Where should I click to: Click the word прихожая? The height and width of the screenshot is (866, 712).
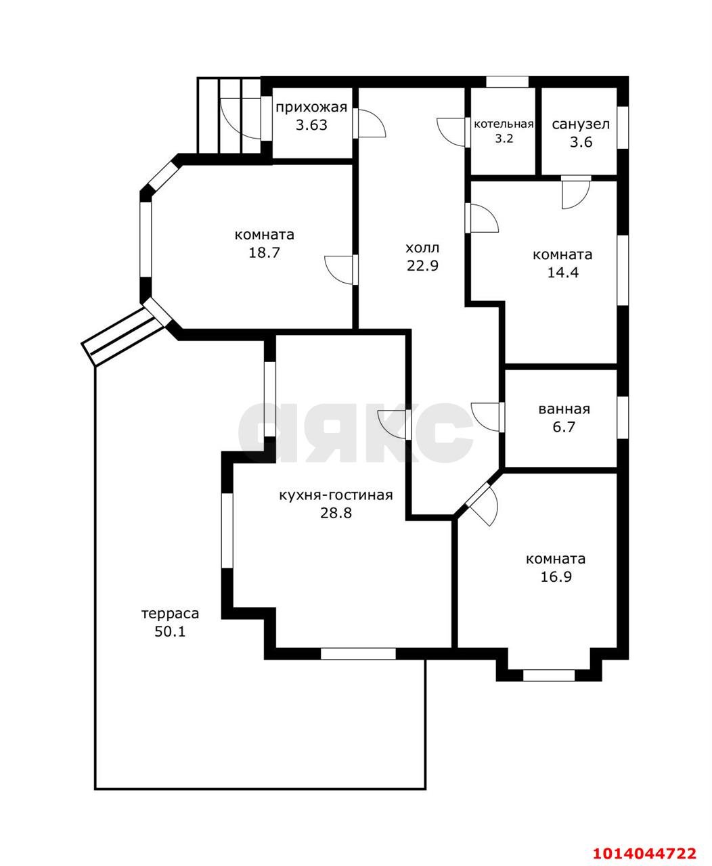pyautogui.click(x=311, y=108)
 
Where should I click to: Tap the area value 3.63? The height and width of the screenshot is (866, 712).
pyautogui.click(x=311, y=125)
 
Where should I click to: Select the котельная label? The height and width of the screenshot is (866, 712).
pyautogui.click(x=504, y=124)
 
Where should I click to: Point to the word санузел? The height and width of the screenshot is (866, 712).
pyautogui.click(x=581, y=124)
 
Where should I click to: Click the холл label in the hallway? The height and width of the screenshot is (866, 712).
pyautogui.click(x=422, y=248)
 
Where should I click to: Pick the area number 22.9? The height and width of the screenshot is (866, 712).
pyautogui.click(x=422, y=266)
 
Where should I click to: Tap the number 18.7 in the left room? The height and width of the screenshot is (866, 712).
pyautogui.click(x=264, y=252)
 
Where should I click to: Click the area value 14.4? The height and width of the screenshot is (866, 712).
pyautogui.click(x=562, y=272)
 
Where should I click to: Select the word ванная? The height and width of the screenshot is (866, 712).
pyautogui.click(x=564, y=409)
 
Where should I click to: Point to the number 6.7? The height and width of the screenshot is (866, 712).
pyautogui.click(x=564, y=427)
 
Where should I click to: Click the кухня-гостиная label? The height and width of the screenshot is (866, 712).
pyautogui.click(x=336, y=496)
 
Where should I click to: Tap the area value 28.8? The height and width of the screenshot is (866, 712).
pyautogui.click(x=336, y=514)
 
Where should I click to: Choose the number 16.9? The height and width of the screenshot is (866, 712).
pyautogui.click(x=556, y=577)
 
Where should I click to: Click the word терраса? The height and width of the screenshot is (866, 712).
pyautogui.click(x=170, y=614)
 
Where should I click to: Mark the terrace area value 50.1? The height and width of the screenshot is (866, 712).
pyautogui.click(x=170, y=631)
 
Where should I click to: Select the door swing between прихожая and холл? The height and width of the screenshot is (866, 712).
pyautogui.click(x=370, y=123)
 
